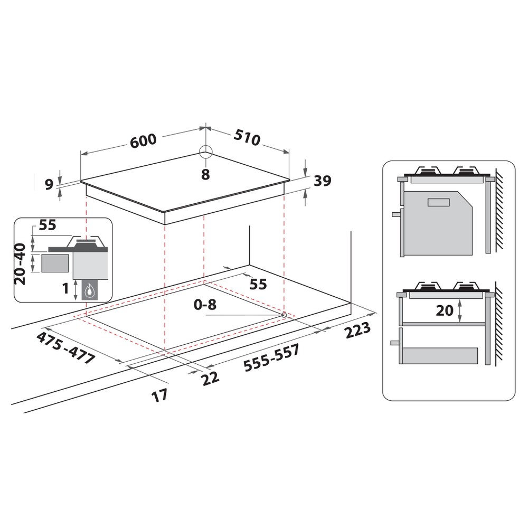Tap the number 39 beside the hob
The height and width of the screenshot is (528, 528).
[x=322, y=181]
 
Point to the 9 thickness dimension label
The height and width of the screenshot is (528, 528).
[x=49, y=184]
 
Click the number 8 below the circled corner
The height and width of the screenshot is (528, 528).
[x=205, y=174]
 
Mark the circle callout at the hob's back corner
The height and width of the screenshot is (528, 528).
[x=205, y=152]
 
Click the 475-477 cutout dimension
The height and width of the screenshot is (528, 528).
[x=67, y=347]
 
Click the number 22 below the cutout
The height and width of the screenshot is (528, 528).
[x=210, y=376]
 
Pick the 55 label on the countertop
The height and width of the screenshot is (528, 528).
[x=258, y=284]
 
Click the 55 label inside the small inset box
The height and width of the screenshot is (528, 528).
[x=48, y=225]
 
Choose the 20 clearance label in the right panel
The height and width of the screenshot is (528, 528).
[x=445, y=310]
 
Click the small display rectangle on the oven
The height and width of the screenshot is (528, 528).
[x=437, y=202]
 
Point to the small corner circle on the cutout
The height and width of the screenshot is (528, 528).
[x=285, y=315]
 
